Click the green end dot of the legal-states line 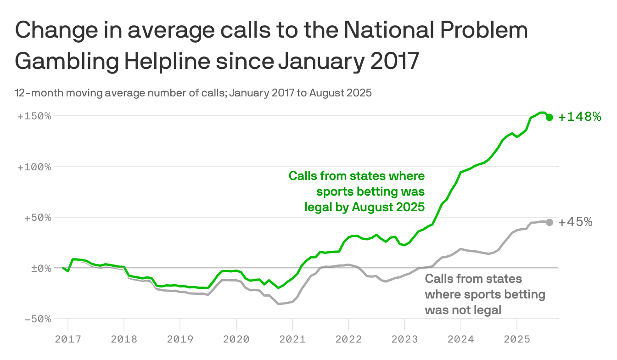pyautogui.click(x=550, y=117)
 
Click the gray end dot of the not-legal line pyautogui.click(x=550, y=222)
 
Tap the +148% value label pyautogui.click(x=579, y=117)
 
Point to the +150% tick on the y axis pyautogui.click(x=34, y=116)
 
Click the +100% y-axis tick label pyautogui.click(x=34, y=167)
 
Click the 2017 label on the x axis pyautogui.click(x=67, y=340)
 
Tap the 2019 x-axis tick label pyautogui.click(x=180, y=340)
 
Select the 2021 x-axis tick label pyautogui.click(x=292, y=340)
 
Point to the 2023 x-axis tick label pyautogui.click(x=404, y=340)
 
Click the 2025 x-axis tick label pyautogui.click(x=516, y=340)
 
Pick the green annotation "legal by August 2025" pyautogui.click(x=365, y=207)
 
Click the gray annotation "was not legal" pyautogui.click(x=463, y=309)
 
